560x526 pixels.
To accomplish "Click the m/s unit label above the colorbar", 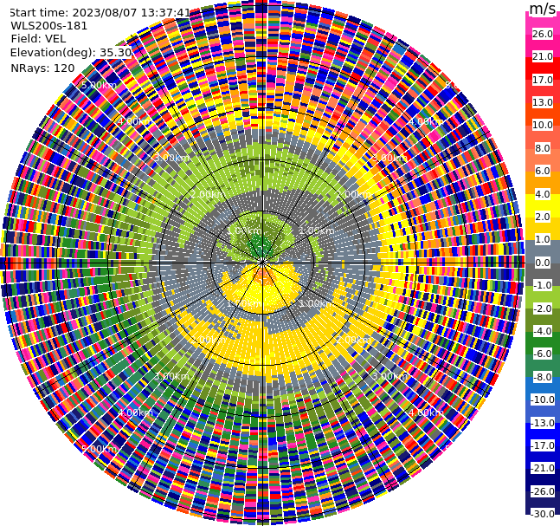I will click(542, 9).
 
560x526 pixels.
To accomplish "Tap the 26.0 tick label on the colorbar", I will click(542, 34).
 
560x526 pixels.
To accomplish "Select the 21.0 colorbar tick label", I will click(542, 56).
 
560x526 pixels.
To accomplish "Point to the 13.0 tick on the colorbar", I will click(542, 102).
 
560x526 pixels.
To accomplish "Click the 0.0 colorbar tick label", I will click(542, 263).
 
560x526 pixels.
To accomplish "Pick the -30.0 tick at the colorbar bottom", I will click(542, 514).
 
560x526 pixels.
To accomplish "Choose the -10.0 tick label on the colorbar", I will click(542, 399).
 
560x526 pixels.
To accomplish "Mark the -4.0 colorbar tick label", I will click(542, 331).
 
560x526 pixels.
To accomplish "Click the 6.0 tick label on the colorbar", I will click(542, 171).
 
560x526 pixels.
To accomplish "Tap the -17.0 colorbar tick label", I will click(542, 445).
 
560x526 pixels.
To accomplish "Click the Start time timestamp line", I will click(100, 12).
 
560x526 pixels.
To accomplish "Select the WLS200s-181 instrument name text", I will click(49, 25).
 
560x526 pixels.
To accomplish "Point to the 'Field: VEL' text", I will click(38, 38).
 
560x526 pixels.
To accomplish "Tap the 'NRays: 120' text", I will click(42, 68).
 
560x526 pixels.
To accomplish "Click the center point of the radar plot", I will click(261, 262).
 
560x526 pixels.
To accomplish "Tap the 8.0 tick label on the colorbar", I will click(542, 148).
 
